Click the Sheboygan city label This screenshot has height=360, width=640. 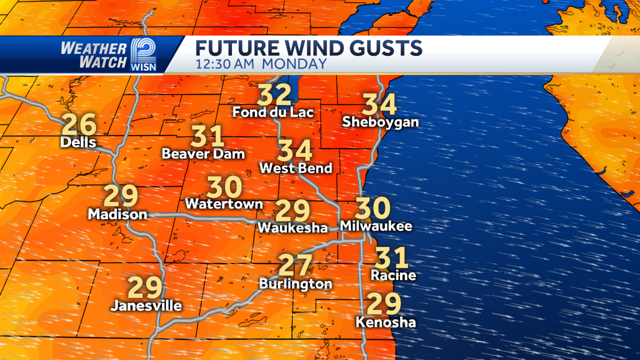click(x=380, y=122)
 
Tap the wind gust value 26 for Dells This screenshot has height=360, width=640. click(x=79, y=125)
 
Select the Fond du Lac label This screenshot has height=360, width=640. click(x=273, y=113)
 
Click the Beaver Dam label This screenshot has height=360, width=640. click(x=203, y=154)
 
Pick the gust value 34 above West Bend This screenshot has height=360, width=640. click(x=295, y=151)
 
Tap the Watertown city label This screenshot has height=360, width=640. click(x=224, y=204)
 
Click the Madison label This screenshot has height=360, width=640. click(x=117, y=214)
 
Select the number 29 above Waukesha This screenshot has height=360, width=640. click(x=293, y=211)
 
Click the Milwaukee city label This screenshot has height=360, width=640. click(x=377, y=226)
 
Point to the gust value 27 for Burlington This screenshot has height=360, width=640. click(x=295, y=266)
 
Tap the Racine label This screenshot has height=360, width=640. click(x=393, y=276)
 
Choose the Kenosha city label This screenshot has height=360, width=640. click(x=386, y=323)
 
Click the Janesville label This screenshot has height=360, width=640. click(x=146, y=306)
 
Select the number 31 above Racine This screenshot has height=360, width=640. click(x=392, y=258)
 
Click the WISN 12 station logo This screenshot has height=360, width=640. click(x=143, y=54)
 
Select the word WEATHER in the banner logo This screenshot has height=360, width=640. click(x=93, y=48)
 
